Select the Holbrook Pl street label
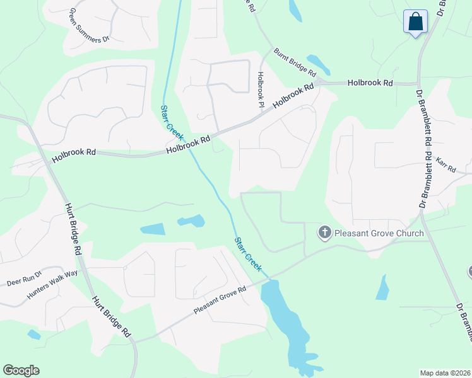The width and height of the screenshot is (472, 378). (x=259, y=89)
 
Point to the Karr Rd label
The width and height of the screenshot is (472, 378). (x=445, y=166)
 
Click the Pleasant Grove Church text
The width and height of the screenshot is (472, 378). (x=379, y=234)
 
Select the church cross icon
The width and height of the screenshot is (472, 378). (x=325, y=234)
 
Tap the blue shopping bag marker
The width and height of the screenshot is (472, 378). (x=416, y=21)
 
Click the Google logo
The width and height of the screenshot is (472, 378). (x=21, y=370)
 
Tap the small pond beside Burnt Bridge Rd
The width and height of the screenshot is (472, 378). (x=318, y=64)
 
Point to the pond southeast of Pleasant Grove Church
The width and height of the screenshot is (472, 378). (x=382, y=288)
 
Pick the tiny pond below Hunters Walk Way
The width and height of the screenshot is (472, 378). (x=34, y=335)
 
